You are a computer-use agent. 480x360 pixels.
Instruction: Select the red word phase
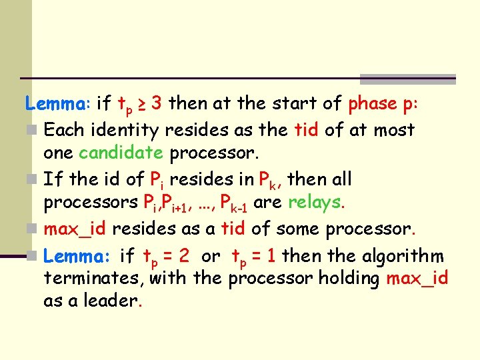tap(373, 103)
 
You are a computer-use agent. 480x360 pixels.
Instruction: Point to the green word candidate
tap(121, 153)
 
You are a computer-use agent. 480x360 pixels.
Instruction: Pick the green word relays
tap(315, 203)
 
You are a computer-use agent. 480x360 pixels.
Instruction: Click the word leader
tap(111, 301)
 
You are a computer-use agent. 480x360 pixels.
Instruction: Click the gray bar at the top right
tap(407, 79)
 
